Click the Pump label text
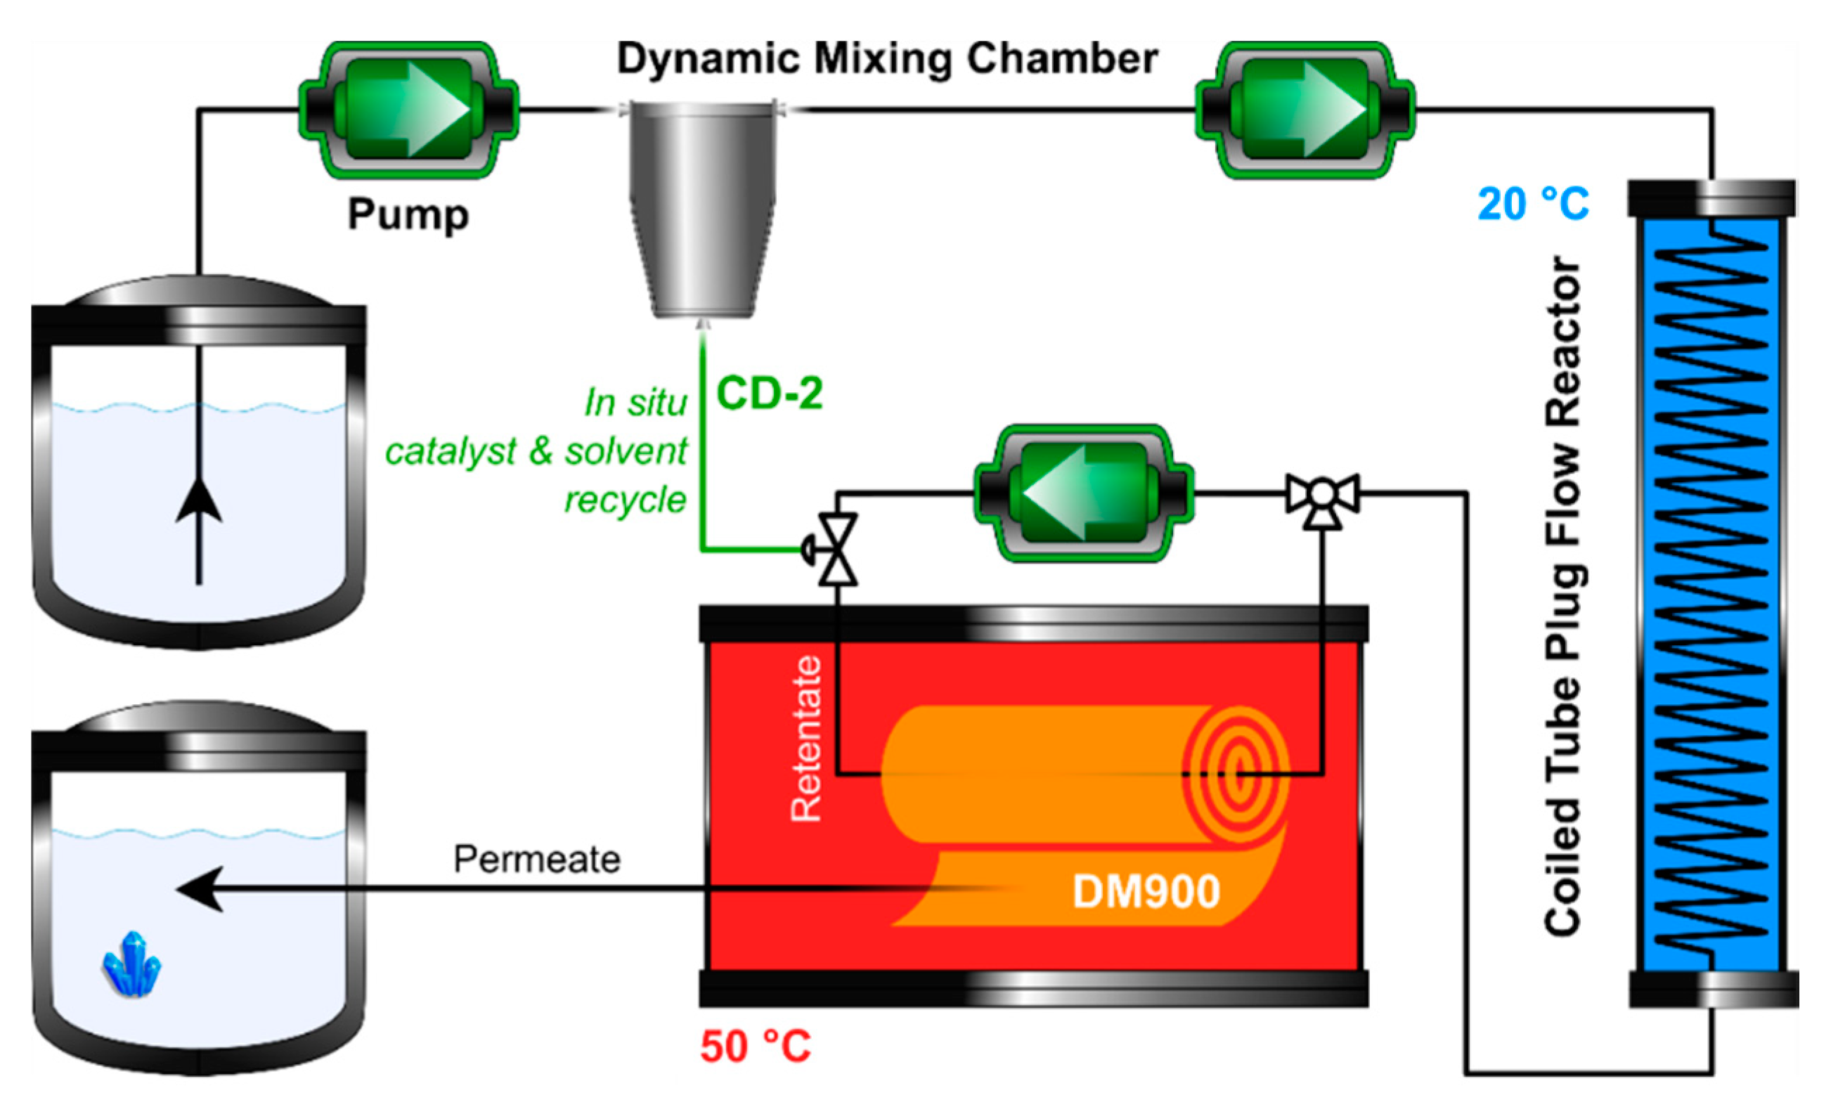click(408, 214)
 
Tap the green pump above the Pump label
click(408, 110)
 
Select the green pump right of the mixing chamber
click(1305, 110)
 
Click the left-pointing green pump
click(1083, 493)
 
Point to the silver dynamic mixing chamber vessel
click(702, 208)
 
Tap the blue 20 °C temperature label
click(1532, 205)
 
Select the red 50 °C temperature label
click(755, 1046)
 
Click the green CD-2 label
click(769, 394)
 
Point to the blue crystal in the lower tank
click(131, 964)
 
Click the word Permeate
click(537, 859)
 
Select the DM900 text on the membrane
click(1146, 891)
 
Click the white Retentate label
click(806, 738)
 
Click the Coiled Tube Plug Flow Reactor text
click(1564, 594)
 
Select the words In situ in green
click(634, 403)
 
